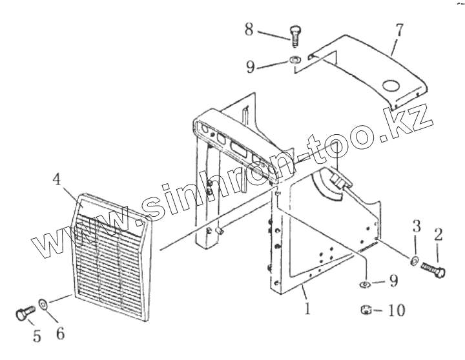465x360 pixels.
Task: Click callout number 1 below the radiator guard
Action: (x=307, y=309)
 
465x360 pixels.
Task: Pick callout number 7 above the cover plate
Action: (x=399, y=30)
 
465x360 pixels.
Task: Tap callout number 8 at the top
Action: (x=249, y=28)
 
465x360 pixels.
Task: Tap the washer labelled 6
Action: (x=43, y=303)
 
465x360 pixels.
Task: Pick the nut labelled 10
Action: (x=366, y=311)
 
